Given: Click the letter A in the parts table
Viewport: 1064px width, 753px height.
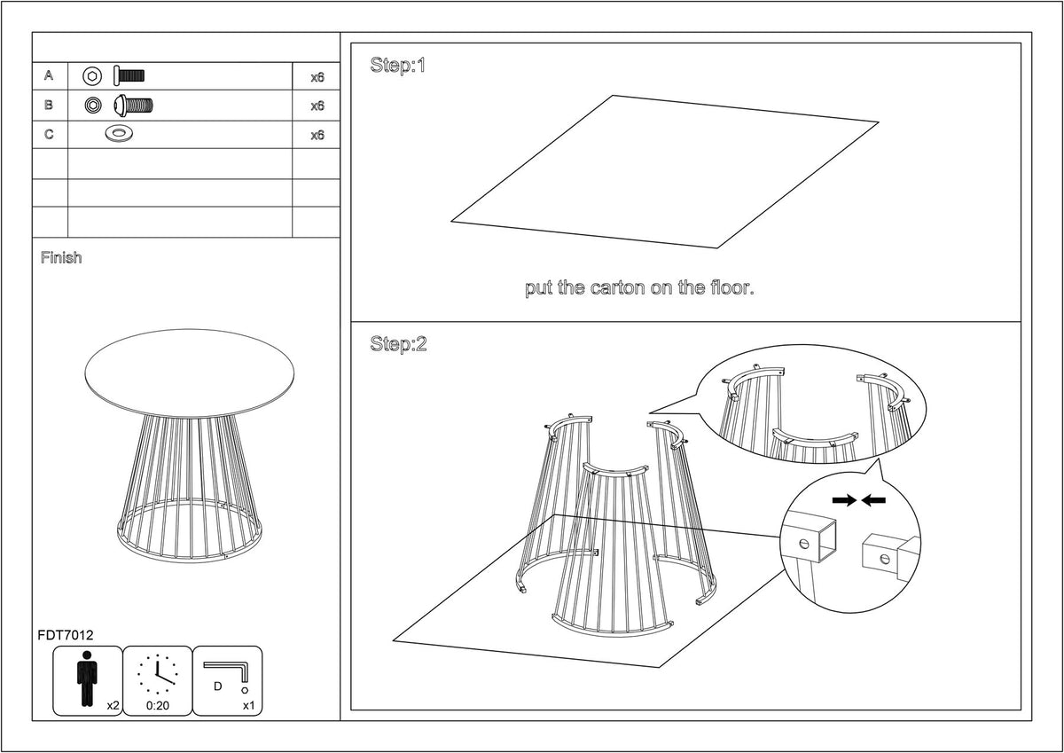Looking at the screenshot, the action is pyautogui.click(x=49, y=75).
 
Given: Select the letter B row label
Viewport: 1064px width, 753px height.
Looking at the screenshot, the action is pyautogui.click(x=49, y=105).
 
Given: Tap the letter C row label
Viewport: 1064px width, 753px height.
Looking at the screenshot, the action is pyautogui.click(x=49, y=135).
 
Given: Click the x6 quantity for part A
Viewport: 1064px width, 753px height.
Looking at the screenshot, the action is pyautogui.click(x=317, y=77).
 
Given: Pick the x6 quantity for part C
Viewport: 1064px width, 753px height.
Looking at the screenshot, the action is pyautogui.click(x=317, y=136).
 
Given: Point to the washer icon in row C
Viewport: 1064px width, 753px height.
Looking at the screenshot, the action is pyautogui.click(x=119, y=134).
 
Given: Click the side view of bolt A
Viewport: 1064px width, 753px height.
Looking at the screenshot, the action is pyautogui.click(x=129, y=76).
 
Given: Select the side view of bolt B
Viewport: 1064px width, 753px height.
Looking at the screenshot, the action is pyautogui.click(x=134, y=106).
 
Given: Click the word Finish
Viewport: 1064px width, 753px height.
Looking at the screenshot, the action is pyautogui.click(x=61, y=257).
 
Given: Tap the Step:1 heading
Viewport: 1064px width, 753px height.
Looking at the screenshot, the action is pyautogui.click(x=397, y=65).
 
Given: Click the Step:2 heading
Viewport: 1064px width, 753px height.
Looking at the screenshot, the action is pyautogui.click(x=398, y=344).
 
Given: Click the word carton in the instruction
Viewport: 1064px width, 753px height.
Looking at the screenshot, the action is pyautogui.click(x=618, y=288).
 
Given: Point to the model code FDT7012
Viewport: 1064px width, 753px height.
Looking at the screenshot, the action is pyautogui.click(x=66, y=635).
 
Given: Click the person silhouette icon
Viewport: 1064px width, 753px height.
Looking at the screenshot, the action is pyautogui.click(x=87, y=678).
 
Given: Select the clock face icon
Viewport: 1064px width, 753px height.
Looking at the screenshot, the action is pyautogui.click(x=158, y=674).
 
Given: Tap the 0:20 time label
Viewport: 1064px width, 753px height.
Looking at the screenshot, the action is pyautogui.click(x=158, y=706).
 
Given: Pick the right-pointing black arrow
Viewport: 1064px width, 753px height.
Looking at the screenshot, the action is pyautogui.click(x=844, y=500).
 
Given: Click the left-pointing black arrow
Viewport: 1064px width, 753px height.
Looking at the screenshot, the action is pyautogui.click(x=873, y=500).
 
